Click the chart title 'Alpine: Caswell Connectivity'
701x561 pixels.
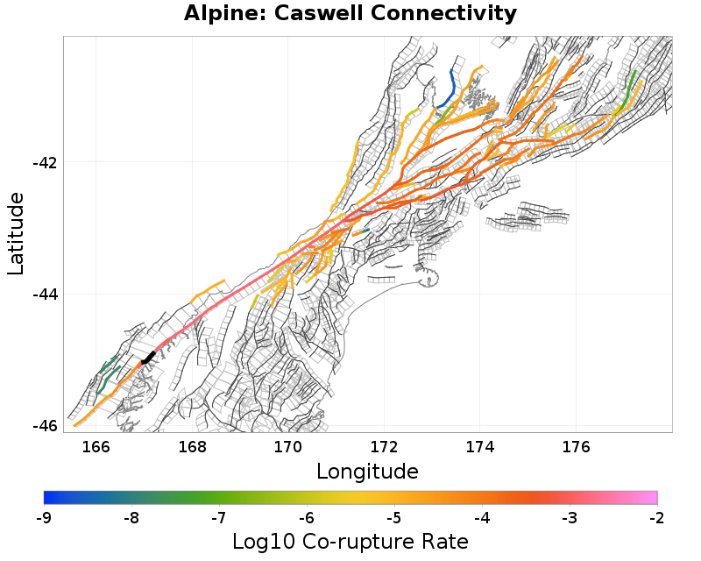350,14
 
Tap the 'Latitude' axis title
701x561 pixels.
16,234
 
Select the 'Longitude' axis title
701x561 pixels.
367,472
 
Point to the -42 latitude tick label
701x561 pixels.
46,163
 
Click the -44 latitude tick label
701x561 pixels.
46,295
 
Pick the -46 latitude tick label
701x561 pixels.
46,426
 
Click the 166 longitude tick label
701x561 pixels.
96,447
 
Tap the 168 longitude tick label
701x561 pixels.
192,447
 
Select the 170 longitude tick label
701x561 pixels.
288,447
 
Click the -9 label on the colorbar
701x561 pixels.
44,518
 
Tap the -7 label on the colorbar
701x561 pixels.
219,518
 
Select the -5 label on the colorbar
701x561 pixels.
394,518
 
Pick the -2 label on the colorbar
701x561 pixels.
656,518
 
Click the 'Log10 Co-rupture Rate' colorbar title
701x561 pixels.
350,542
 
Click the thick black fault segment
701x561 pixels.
148,357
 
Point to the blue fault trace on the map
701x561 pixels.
452,85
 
